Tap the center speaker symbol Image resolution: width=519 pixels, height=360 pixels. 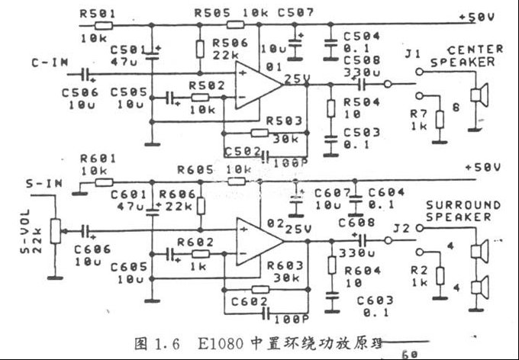pyautogui.click(x=479, y=96)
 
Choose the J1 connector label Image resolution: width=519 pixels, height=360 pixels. pyautogui.click(x=413, y=54)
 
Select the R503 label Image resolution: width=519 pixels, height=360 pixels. pyautogui.click(x=284, y=121)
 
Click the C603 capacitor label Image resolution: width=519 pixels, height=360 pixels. pyautogui.click(x=374, y=301)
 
